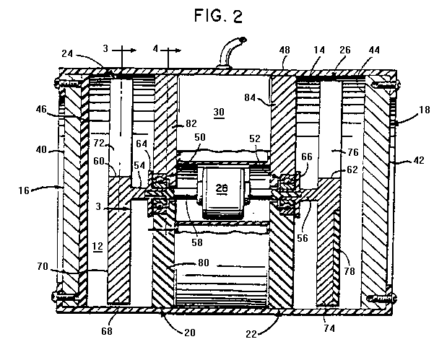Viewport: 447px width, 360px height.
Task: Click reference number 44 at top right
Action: click(376, 51)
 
